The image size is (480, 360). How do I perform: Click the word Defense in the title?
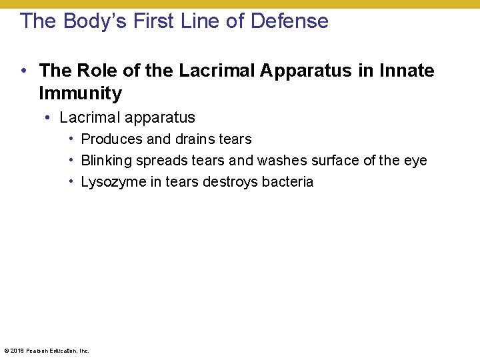point(289,21)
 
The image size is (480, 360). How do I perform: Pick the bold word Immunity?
point(80,93)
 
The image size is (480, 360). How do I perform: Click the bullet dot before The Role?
point(23,71)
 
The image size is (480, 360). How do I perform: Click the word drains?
point(195,139)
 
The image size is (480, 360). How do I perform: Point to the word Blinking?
point(106,161)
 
